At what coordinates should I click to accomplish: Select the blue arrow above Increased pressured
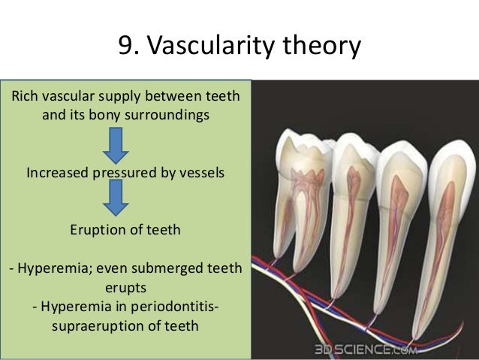click(x=115, y=146)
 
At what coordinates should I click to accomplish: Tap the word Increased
click(x=58, y=172)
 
